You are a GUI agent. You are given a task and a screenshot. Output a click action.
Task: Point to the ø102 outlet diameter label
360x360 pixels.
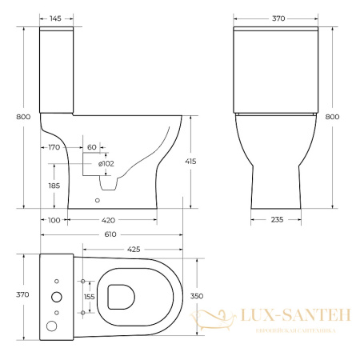point(106,164)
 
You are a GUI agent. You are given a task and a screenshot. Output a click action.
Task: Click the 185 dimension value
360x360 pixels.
point(54,186)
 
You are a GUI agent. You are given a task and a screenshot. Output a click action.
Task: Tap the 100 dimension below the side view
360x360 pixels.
point(54,218)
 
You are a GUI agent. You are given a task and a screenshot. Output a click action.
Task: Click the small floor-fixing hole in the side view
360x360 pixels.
point(98,200)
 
